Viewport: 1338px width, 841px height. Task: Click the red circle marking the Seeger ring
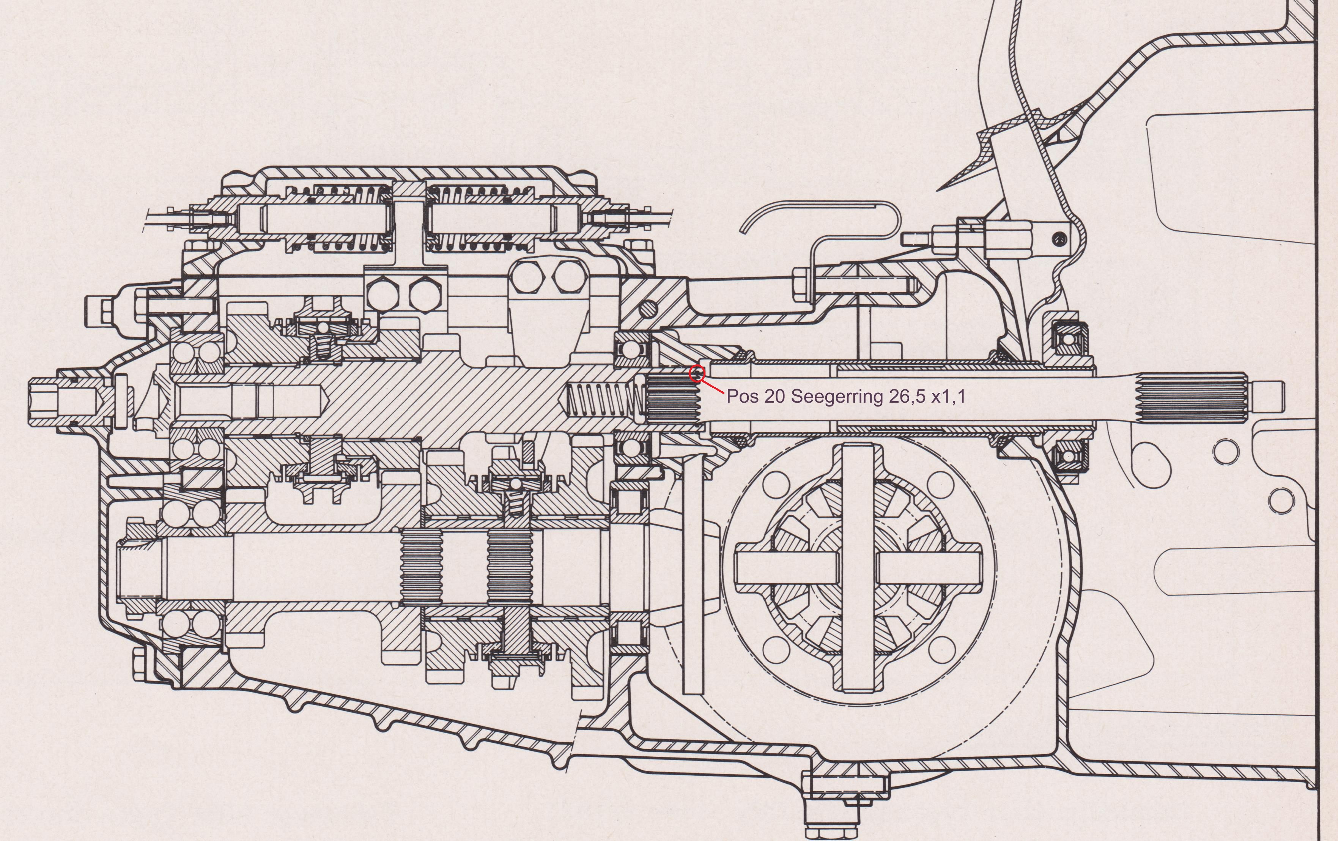click(696, 374)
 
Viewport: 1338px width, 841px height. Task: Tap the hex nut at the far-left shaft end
click(44, 399)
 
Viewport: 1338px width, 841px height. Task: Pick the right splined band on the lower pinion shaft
click(510, 567)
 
